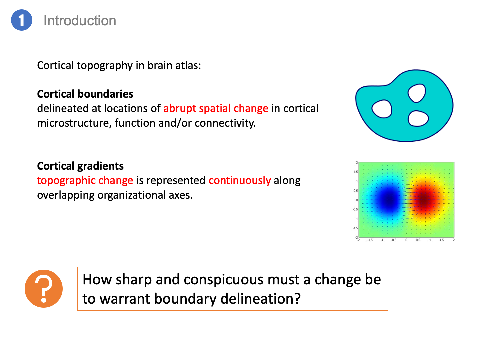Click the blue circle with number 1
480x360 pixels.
(22, 20)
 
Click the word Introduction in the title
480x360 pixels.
(80, 21)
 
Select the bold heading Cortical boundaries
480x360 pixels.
(85, 94)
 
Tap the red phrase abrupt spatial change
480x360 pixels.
(216, 108)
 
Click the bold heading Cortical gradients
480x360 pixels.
(80, 166)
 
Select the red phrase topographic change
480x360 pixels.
(85, 181)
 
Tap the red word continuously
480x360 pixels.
(240, 181)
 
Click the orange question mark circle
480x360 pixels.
(44, 289)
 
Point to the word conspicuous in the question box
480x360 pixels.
(224, 280)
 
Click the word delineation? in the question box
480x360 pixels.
(260, 299)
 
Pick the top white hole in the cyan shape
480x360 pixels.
(417, 93)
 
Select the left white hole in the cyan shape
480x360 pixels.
(382, 109)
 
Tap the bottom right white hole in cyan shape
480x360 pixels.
(418, 119)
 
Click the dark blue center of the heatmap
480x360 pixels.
(389, 199)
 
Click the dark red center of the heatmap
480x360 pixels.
(425, 199)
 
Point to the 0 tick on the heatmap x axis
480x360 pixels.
(406, 240)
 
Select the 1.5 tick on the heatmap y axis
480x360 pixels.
(356, 172)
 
